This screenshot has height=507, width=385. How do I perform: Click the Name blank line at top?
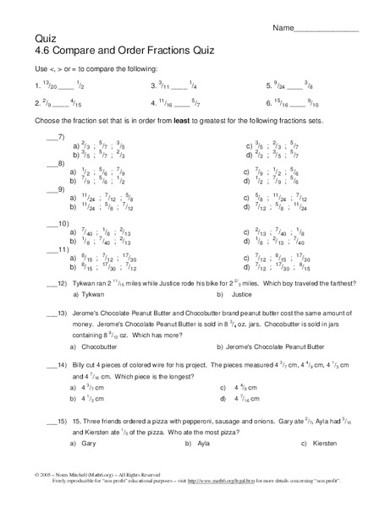[330, 30]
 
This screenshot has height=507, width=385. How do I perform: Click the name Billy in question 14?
[69, 365]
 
